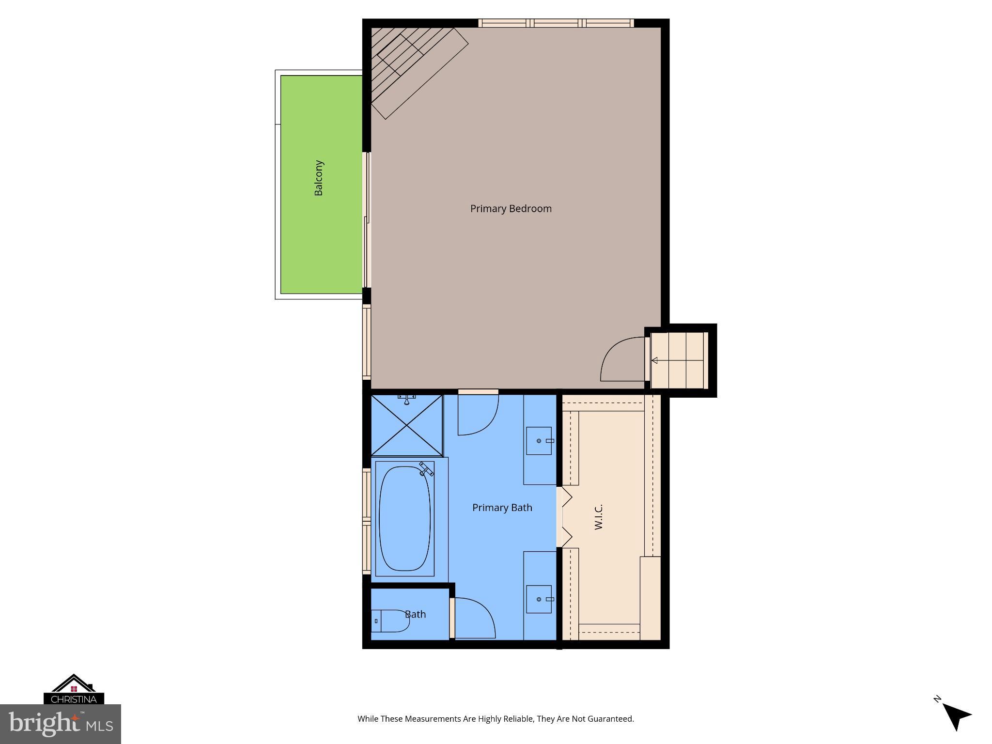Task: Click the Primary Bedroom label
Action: tap(511, 209)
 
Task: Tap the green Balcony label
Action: tap(319, 178)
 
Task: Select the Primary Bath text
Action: tap(502, 508)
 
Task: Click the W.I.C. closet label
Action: tap(599, 517)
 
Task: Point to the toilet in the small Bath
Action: tap(390, 621)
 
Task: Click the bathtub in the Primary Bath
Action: tap(404, 519)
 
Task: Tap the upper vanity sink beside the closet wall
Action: tap(539, 441)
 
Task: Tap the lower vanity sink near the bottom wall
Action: tap(539, 599)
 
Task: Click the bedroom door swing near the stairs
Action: tap(623, 359)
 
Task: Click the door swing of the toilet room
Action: tap(474, 618)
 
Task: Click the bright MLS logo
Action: tap(61, 724)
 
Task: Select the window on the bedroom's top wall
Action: tap(556, 23)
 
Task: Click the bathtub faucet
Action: tap(426, 469)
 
